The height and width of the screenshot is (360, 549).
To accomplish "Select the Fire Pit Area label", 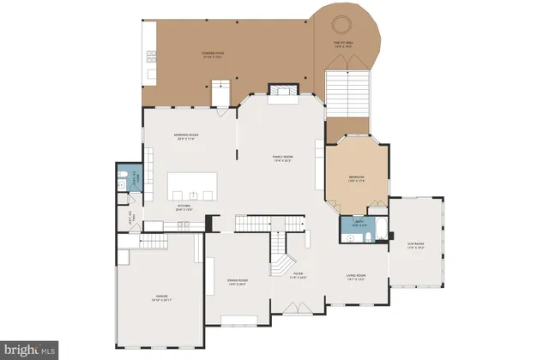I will point(344,45).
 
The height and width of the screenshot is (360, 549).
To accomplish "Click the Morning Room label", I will point(187,136).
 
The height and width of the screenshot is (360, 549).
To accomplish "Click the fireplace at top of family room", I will point(281,92).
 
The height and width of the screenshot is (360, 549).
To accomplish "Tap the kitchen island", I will point(192,185).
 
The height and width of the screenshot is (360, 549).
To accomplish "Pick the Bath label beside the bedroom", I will point(357,225).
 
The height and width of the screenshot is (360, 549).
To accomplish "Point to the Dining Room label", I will point(238,281).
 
